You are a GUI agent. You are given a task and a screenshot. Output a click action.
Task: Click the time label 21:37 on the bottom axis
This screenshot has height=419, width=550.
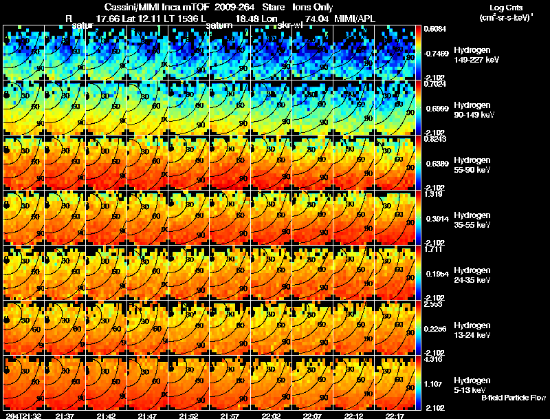[x=65, y=416]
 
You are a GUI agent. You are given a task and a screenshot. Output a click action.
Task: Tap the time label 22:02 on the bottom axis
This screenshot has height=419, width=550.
[x=272, y=416]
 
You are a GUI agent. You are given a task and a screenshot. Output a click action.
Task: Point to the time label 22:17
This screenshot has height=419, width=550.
[x=395, y=416]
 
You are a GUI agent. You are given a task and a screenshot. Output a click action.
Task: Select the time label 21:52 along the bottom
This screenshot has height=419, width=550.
[x=188, y=416]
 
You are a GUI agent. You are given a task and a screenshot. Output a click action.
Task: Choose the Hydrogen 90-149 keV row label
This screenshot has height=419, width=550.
[x=476, y=109]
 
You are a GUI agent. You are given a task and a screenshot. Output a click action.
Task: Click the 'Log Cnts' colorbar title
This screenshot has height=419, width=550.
[x=507, y=7]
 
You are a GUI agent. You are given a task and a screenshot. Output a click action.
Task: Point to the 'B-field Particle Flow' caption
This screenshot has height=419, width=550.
[x=514, y=398]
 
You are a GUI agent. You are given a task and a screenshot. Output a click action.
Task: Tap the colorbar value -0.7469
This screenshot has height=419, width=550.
[x=435, y=52]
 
